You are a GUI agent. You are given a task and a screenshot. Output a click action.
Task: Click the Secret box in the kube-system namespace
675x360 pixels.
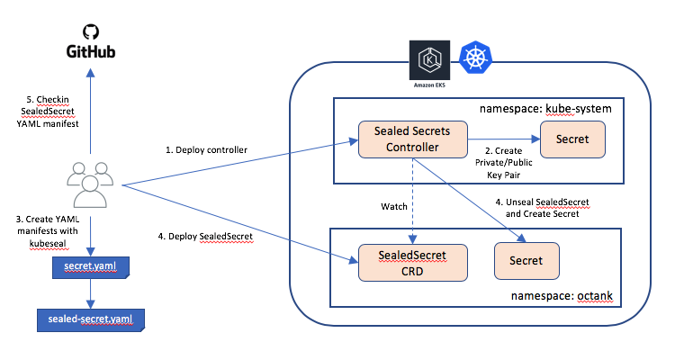[x=571, y=140]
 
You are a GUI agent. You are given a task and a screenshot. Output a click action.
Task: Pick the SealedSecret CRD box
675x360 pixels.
[x=411, y=261]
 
